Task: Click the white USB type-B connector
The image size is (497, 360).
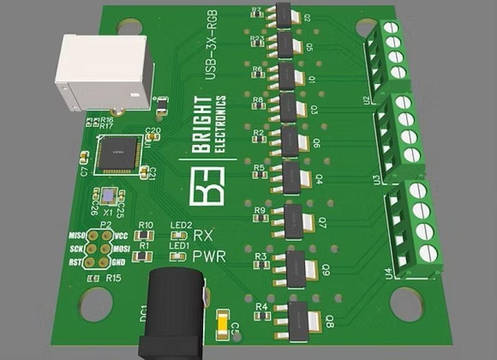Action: (x=103, y=71)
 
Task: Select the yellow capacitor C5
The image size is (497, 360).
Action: (x=221, y=325)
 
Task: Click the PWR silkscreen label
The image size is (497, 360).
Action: (x=206, y=256)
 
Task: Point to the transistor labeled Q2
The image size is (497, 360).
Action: (x=283, y=16)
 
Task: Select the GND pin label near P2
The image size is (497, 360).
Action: (x=118, y=262)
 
